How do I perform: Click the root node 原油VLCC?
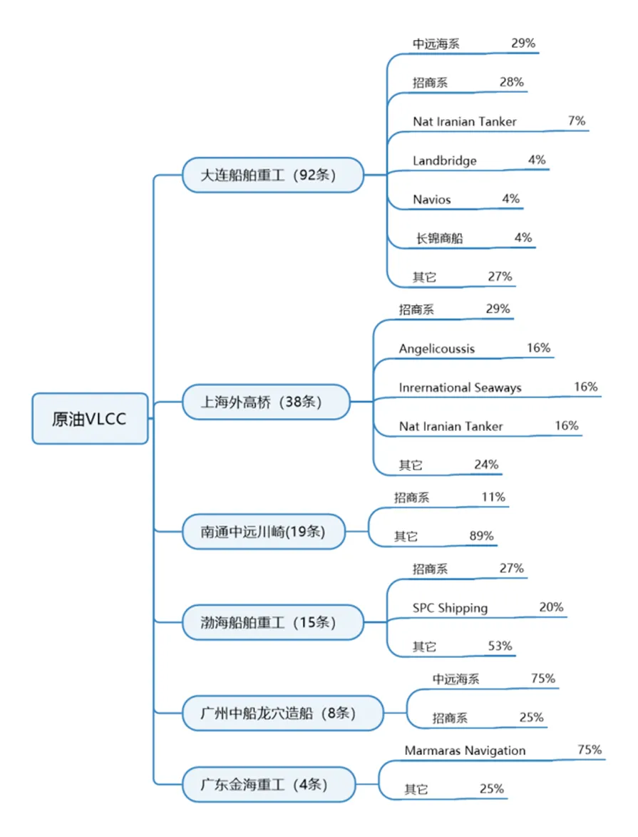(x=90, y=418)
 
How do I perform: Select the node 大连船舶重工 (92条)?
(x=272, y=175)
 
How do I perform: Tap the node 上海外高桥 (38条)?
(x=266, y=402)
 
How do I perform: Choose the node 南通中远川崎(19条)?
(x=264, y=531)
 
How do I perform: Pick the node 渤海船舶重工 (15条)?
(x=272, y=622)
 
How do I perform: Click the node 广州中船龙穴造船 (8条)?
(x=283, y=713)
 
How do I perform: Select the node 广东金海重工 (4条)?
(x=269, y=784)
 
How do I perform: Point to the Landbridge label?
(x=444, y=161)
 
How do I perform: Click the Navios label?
(x=431, y=200)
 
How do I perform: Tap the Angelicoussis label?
(x=436, y=349)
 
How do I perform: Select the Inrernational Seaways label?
(x=460, y=387)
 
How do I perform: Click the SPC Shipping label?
(x=450, y=608)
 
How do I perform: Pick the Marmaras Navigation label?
(x=465, y=751)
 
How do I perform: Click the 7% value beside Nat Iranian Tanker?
(x=577, y=121)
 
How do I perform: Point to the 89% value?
(x=481, y=536)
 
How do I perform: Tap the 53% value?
(x=500, y=646)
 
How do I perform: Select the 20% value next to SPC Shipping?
(x=551, y=607)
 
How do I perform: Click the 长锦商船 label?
(x=440, y=238)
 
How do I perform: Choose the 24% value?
(x=486, y=465)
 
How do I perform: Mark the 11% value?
(x=493, y=497)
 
